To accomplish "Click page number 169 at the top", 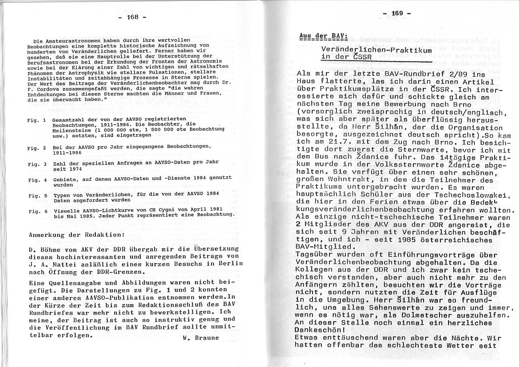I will (x=397, y=13).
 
